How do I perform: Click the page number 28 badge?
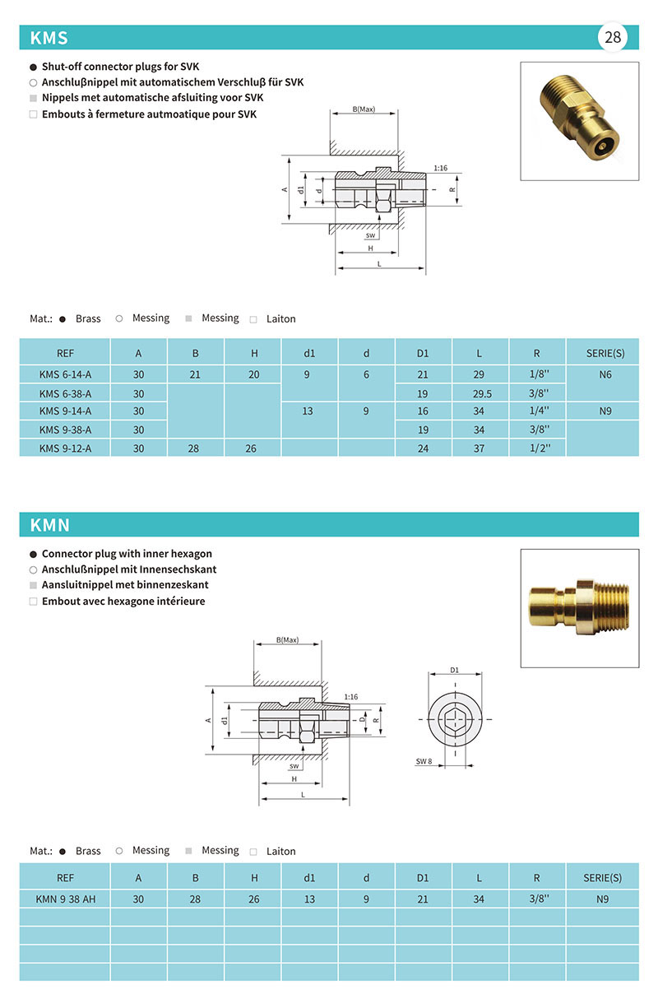click(x=613, y=37)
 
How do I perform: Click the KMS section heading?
click(x=49, y=38)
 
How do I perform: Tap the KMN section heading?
click(x=50, y=525)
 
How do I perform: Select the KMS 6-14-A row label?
click(x=65, y=375)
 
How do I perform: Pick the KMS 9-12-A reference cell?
click(x=65, y=448)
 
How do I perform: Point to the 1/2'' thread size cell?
click(x=536, y=448)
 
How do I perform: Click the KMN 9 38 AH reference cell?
click(x=66, y=899)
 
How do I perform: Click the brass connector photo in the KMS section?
click(x=579, y=121)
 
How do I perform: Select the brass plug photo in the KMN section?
click(x=579, y=608)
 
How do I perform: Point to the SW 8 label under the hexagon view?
click(x=424, y=761)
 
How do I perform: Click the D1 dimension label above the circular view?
click(x=455, y=670)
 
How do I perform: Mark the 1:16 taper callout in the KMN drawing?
click(x=351, y=696)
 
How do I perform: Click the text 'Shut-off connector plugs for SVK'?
click(x=121, y=67)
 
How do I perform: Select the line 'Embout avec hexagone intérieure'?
click(x=123, y=602)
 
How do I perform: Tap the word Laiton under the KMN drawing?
click(x=280, y=852)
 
